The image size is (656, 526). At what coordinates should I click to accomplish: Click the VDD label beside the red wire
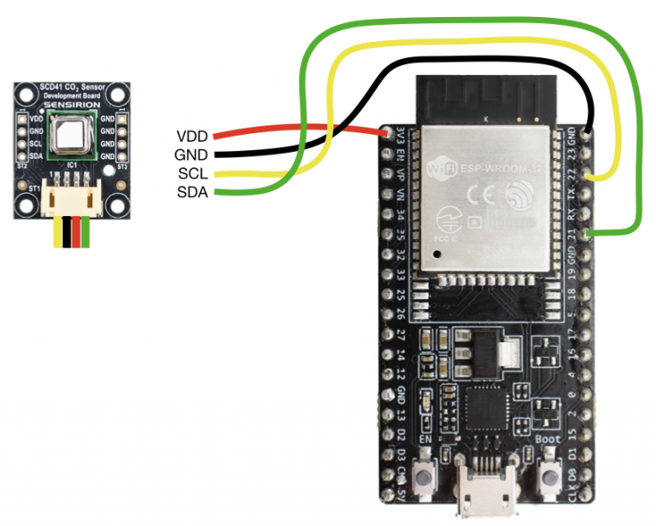coord(193,136)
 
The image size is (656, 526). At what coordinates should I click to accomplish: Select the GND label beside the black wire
coord(193,155)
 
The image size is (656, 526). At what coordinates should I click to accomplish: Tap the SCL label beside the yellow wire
coord(194,173)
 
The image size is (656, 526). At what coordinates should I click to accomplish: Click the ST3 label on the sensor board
coord(122,167)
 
